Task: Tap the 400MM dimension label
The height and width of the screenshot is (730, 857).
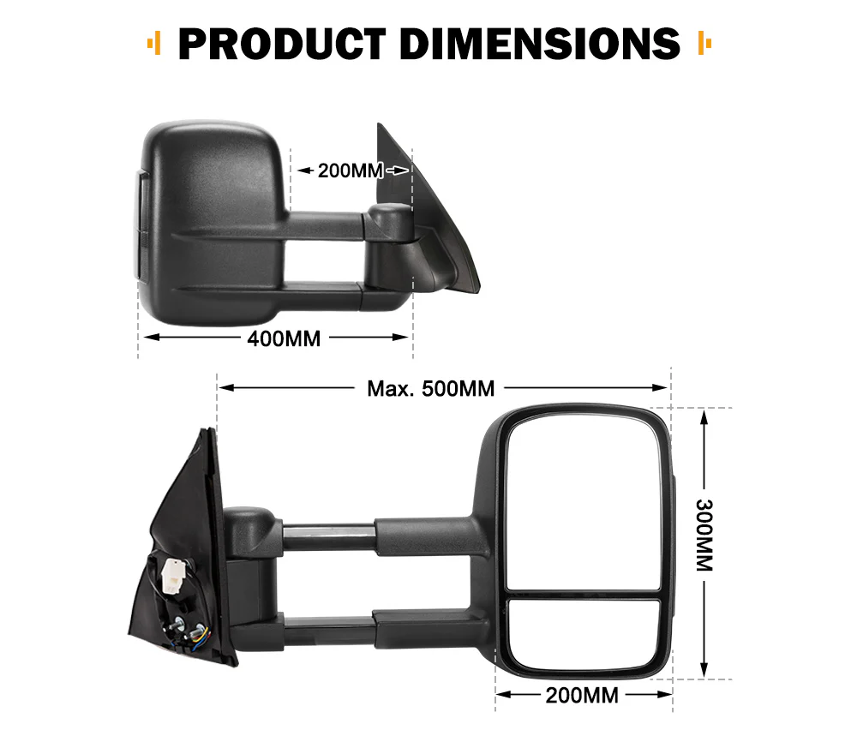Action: coord(284,338)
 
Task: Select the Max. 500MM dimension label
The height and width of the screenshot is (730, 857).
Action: coord(431,388)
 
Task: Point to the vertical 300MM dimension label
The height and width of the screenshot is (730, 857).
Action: coord(704,536)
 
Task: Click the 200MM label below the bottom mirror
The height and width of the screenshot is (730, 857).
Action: coord(582,695)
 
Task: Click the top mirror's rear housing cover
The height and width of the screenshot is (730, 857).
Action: coord(214,206)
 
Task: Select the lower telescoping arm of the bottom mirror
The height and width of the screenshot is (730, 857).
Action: coord(377,631)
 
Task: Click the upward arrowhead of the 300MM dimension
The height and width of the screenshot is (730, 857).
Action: coord(704,416)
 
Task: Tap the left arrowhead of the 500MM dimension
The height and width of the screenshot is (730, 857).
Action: coord(225,388)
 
